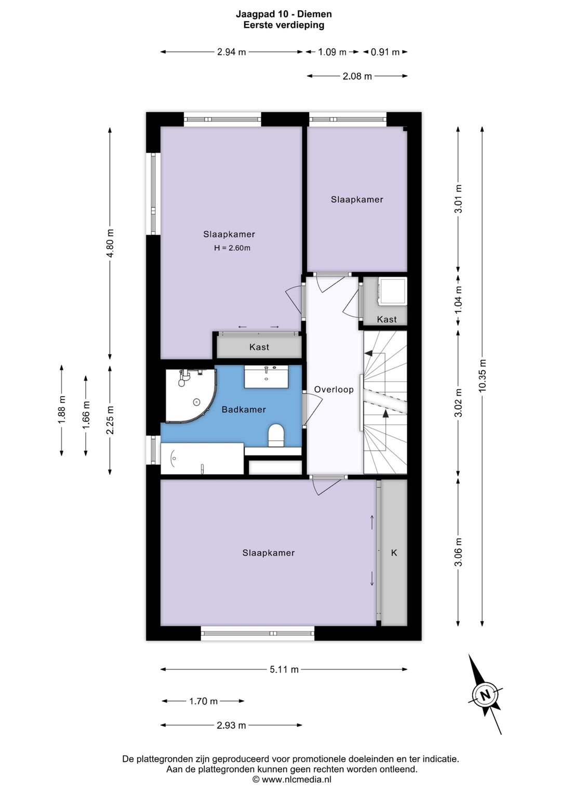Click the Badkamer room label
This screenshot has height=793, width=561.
point(244,410)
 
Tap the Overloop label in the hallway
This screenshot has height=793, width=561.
point(333,390)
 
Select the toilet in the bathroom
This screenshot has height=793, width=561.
point(276,435)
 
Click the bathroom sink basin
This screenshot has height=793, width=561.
point(266,377)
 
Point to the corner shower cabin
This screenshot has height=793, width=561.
point(188,396)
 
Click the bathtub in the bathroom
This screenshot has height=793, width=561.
point(202,459)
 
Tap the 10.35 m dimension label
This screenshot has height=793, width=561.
point(483,375)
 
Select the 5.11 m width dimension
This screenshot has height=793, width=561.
point(284,669)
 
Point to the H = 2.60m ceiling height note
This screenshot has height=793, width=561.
point(232,248)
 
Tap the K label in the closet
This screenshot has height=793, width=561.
point(394,553)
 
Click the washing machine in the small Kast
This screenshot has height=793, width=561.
point(392,291)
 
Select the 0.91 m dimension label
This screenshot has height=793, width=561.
point(385,52)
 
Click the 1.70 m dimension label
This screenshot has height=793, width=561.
point(203,701)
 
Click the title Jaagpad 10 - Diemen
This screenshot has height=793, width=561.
point(284,15)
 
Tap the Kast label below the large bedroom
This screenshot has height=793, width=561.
point(259,347)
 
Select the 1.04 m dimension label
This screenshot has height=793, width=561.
point(459,300)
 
